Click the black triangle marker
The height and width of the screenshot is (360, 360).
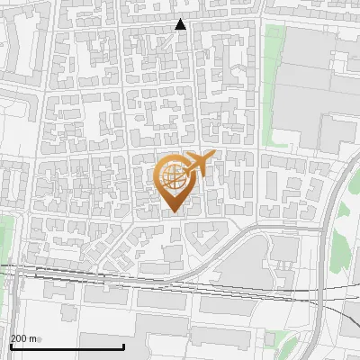coord(181,24)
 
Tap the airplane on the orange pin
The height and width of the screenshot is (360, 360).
coord(200,163)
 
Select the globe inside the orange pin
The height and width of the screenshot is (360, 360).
coord(173,175)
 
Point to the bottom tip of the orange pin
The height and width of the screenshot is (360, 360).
coord(173,211)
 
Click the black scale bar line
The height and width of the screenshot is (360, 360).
coord(67,346)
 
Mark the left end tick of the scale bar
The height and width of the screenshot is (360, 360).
coord(11,346)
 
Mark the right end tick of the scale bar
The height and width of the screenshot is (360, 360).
coord(123,346)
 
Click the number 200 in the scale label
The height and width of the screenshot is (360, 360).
coord(19,338)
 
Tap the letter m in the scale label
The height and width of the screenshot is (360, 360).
coord(33,338)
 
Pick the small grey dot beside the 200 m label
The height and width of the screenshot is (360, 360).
coord(40,339)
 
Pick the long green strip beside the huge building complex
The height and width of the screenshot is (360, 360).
coord(272,81)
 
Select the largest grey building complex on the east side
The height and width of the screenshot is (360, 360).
coord(310,90)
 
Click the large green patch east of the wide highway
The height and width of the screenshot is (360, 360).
coord(342,243)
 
